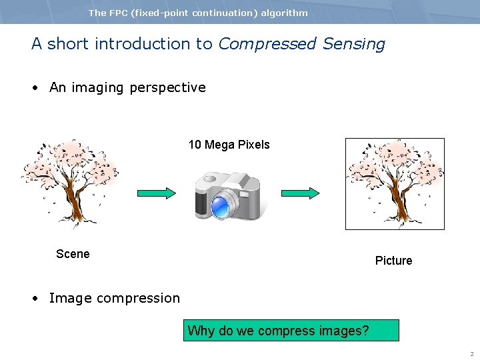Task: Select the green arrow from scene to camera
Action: pyautogui.click(x=157, y=193)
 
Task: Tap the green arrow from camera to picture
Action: pyautogui.click(x=300, y=193)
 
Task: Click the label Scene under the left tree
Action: pyautogui.click(x=73, y=254)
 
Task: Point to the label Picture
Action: pyautogui.click(x=393, y=261)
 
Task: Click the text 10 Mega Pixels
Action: pyautogui.click(x=229, y=145)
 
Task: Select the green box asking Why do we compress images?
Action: pyautogui.click(x=291, y=331)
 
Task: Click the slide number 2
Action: pyautogui.click(x=471, y=354)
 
